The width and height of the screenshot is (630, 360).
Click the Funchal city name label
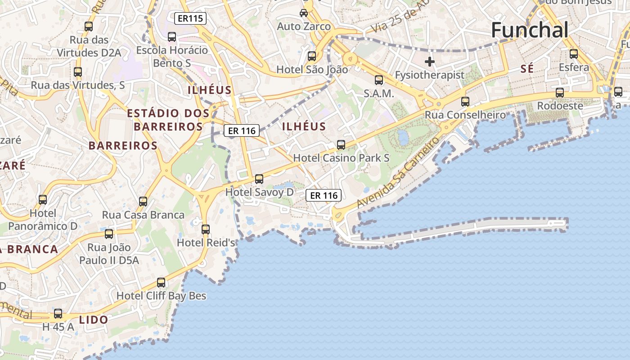(x=530, y=30)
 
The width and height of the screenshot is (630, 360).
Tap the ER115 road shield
(x=190, y=18)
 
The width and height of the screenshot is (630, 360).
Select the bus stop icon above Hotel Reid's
(x=206, y=229)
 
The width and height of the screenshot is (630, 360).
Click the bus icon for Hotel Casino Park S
(x=341, y=145)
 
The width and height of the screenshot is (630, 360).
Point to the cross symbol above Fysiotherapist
(x=430, y=61)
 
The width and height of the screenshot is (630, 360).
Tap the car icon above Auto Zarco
(x=304, y=13)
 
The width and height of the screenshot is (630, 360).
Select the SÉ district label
(x=527, y=69)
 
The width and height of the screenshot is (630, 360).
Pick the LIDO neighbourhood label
(x=94, y=320)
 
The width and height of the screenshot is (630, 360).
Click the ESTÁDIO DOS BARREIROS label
(x=168, y=120)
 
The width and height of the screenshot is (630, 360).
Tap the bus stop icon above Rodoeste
(x=560, y=93)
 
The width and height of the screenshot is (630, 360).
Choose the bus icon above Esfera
(x=574, y=54)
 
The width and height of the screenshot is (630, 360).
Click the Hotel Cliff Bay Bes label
(x=161, y=296)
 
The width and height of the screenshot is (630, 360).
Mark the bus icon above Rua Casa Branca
(x=143, y=202)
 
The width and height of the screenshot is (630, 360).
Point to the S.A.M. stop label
(x=379, y=94)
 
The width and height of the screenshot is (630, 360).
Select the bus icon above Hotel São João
(x=312, y=56)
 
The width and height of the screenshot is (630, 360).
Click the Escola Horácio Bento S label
(x=172, y=56)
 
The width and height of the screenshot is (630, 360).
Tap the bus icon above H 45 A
(x=58, y=314)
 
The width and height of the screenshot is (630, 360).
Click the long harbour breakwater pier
(x=472, y=228)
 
